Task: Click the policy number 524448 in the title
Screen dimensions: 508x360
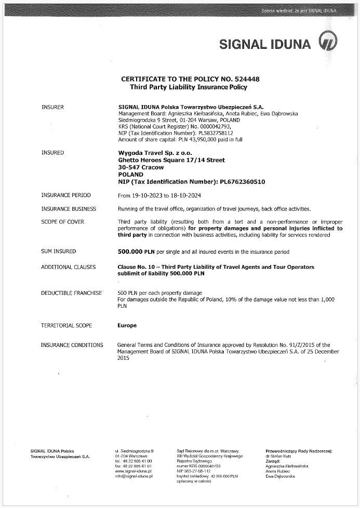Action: click(248, 79)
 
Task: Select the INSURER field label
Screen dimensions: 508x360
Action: click(52, 107)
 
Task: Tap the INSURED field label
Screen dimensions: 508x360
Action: click(52, 153)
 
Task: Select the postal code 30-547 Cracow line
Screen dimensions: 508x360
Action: click(141, 167)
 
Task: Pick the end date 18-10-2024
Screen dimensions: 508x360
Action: click(185, 196)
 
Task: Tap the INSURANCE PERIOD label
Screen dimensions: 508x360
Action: click(66, 196)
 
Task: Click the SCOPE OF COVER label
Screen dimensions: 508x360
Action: click(63, 223)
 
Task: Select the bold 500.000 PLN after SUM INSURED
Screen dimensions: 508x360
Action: click(137, 252)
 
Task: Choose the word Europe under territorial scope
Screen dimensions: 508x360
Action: click(128, 325)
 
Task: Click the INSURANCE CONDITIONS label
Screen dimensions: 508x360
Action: click(72, 345)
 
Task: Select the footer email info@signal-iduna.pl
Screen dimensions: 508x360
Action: click(133, 476)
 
